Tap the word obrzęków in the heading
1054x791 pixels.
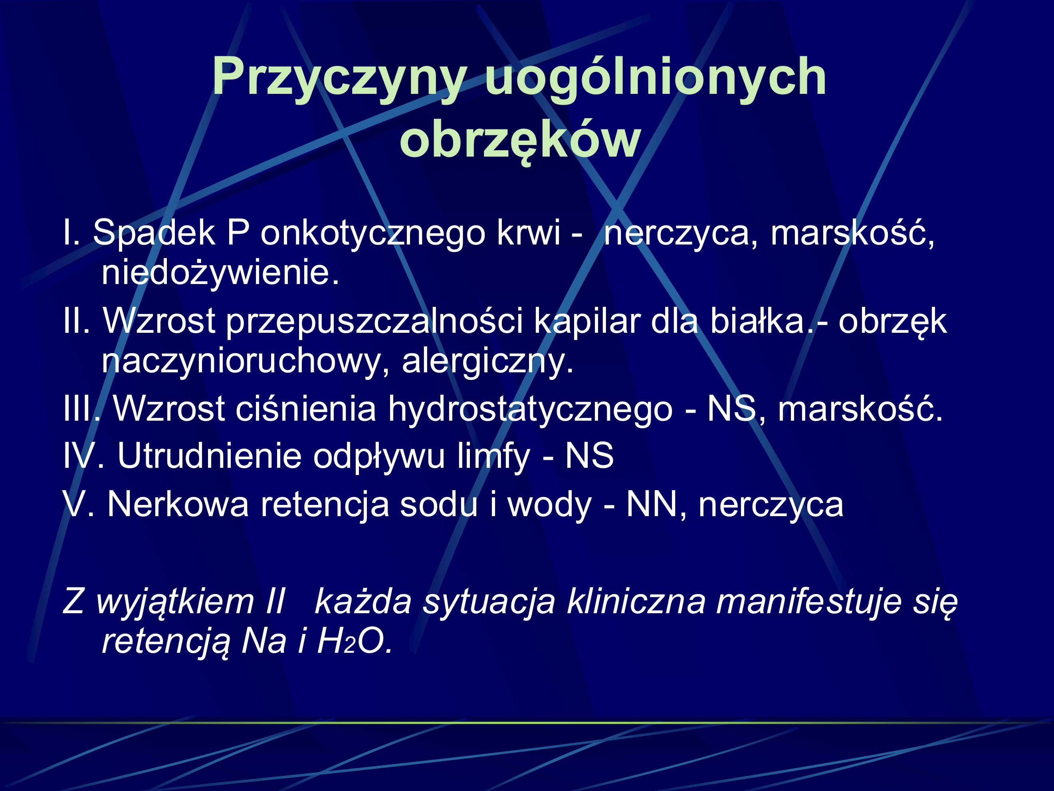click(520, 141)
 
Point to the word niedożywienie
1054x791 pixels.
click(220, 273)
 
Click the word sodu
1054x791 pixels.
click(438, 505)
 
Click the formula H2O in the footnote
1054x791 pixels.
click(355, 641)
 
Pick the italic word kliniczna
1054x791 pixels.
click(636, 602)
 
